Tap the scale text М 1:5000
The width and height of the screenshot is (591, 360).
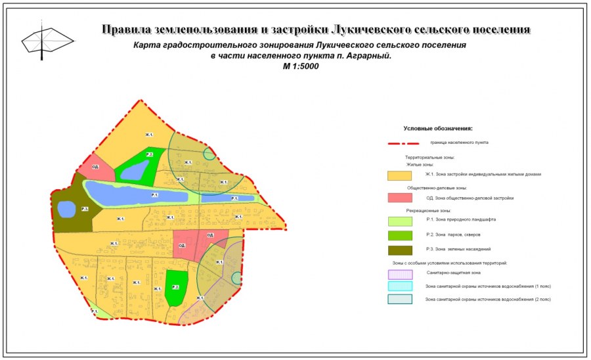[x=300, y=66]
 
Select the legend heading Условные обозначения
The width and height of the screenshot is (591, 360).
[x=438, y=129]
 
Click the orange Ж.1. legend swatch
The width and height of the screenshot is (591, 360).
[x=399, y=175]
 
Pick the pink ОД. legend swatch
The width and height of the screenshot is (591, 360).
[x=399, y=198]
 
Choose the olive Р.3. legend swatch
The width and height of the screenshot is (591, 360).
[x=399, y=249]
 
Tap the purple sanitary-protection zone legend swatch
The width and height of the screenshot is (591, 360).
[x=399, y=274]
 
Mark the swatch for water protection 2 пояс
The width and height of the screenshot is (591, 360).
[x=399, y=299]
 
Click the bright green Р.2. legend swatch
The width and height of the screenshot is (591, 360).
[x=399, y=235]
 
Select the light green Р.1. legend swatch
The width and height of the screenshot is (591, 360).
[x=399, y=221]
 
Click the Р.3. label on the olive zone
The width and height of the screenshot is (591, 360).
[x=85, y=209]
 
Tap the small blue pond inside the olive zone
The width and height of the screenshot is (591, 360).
[x=66, y=209]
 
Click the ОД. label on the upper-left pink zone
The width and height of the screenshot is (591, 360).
[x=96, y=168]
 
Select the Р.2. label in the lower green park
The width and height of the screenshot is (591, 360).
[x=175, y=287]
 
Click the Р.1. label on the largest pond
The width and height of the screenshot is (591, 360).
[x=154, y=195]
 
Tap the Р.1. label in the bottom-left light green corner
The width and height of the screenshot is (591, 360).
[x=95, y=311]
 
